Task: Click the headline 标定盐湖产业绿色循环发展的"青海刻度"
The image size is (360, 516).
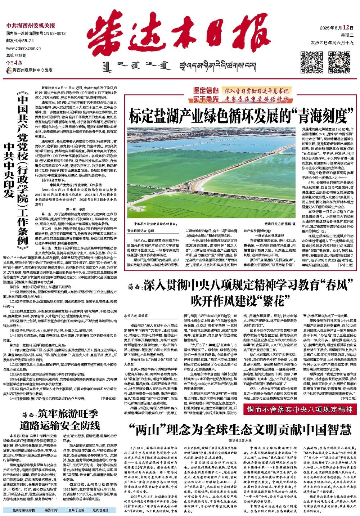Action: tap(240, 116)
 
